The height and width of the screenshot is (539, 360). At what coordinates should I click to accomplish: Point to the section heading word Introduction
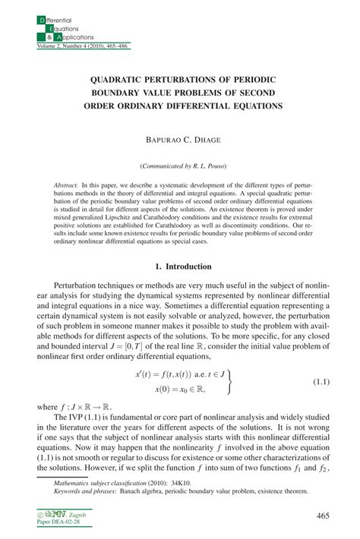tap(194, 266)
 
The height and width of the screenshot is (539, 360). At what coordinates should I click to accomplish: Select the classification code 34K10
tap(166, 482)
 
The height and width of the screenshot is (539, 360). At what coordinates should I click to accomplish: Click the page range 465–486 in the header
tap(114, 46)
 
